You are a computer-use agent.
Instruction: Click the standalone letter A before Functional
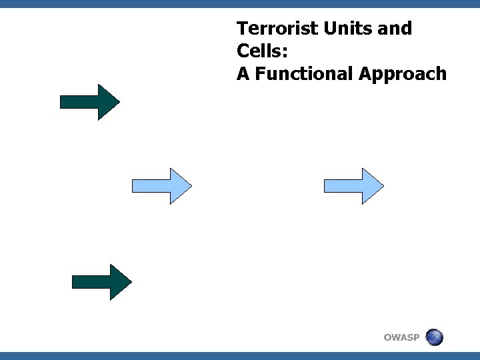tap(243, 74)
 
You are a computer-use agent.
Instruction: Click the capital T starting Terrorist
tap(242, 29)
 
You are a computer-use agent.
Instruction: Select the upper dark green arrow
tap(89, 102)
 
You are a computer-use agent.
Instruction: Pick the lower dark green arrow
tap(101, 282)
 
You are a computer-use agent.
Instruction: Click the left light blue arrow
tap(161, 186)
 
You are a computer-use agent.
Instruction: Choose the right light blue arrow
tap(353, 186)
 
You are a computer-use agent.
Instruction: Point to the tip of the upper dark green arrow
tap(118, 102)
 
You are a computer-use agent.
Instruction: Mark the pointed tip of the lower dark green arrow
tap(130, 282)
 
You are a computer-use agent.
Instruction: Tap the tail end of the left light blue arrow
tap(135, 186)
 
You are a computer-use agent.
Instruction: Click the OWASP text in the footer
tap(401, 337)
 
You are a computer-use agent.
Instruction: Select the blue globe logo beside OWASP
tap(434, 337)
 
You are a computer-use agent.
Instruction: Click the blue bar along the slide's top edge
tap(240, 4)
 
